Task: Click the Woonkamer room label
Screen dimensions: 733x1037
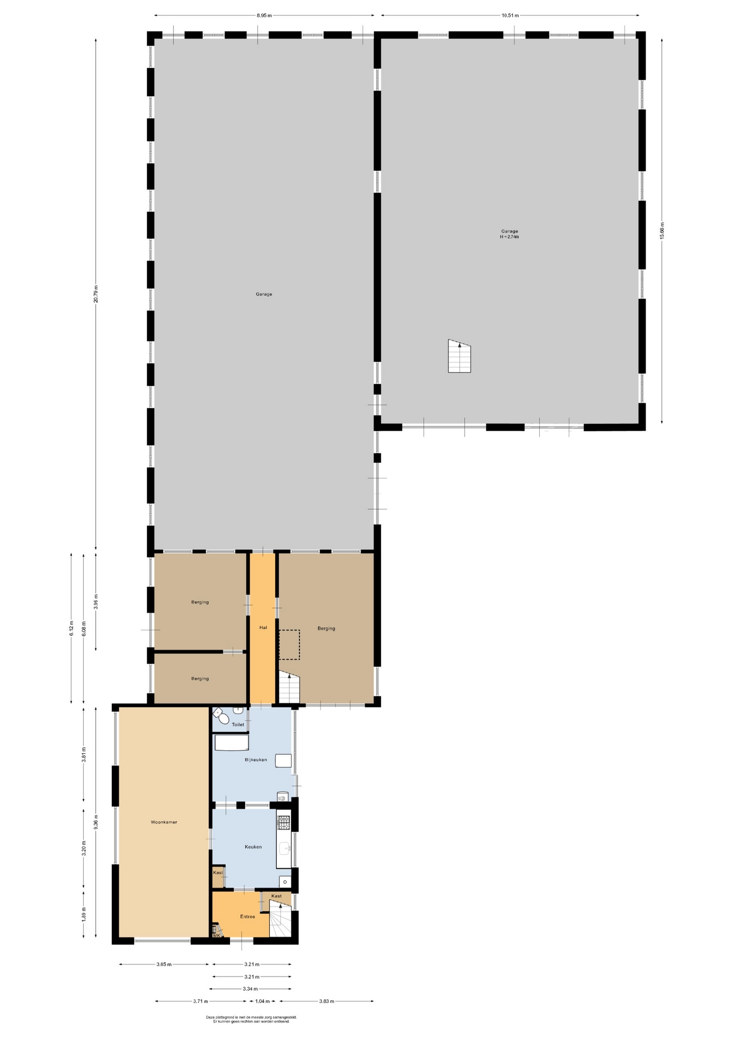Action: (164, 822)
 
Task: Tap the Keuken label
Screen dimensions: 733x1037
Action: (253, 846)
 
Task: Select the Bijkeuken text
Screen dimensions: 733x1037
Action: (256, 759)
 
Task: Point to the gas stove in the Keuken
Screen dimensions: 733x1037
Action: (283, 823)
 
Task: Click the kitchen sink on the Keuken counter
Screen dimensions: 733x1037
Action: (284, 849)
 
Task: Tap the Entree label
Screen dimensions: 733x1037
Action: (247, 916)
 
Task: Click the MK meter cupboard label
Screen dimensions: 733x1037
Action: (216, 935)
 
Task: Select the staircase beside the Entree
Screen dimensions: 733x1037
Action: (280, 921)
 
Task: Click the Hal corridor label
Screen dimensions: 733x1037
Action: (263, 627)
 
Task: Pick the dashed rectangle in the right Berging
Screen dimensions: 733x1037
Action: (289, 644)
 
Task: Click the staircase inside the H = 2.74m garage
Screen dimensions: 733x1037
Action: (459, 356)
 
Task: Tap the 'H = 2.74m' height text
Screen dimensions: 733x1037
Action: (510, 237)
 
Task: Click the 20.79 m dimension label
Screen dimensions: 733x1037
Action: (96, 294)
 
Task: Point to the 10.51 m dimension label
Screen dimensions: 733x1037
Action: (510, 15)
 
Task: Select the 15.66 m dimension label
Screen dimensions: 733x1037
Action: (662, 231)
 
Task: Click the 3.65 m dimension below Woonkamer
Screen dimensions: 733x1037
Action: (164, 964)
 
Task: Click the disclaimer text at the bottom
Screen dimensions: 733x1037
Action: (252, 1019)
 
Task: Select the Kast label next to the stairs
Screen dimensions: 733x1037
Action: (276, 895)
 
